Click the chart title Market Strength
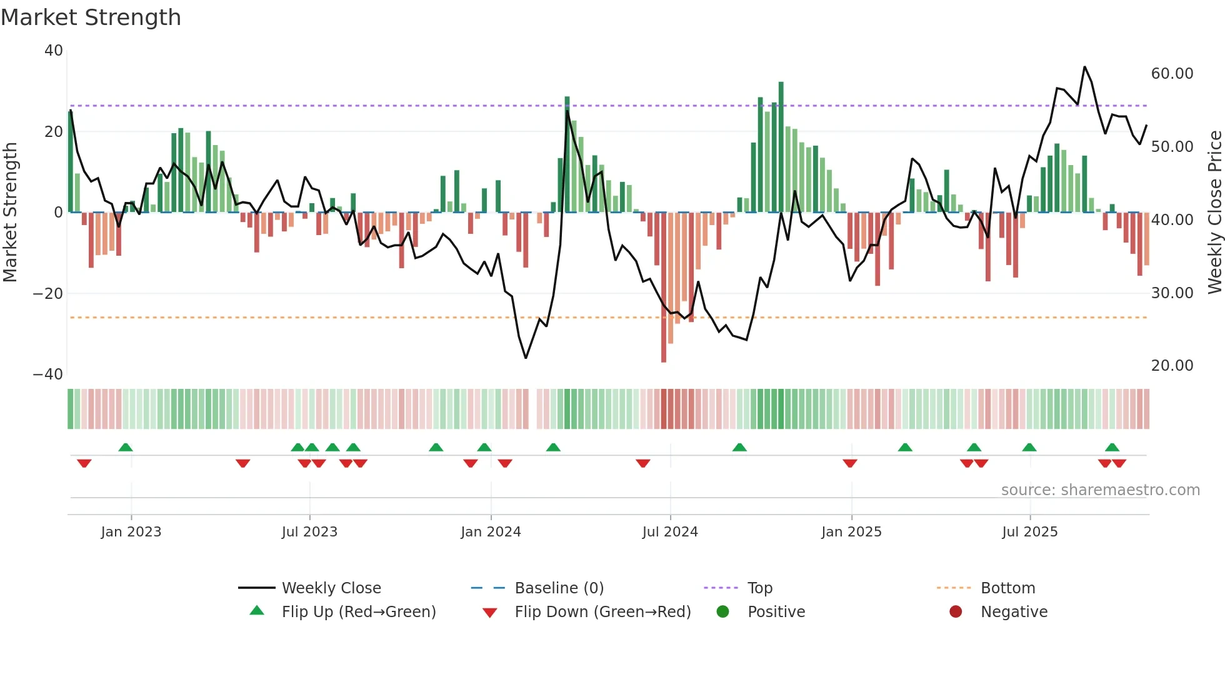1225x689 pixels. [x=91, y=18]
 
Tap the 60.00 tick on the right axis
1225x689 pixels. [x=1172, y=74]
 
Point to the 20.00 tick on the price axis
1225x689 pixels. [x=1172, y=366]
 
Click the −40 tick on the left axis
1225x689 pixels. [x=47, y=375]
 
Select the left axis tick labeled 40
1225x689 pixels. [x=54, y=51]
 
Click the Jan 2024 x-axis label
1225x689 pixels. [x=491, y=532]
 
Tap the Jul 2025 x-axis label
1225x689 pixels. [x=1029, y=532]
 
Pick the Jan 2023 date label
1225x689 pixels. [x=131, y=532]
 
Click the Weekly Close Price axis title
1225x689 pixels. [x=1214, y=213]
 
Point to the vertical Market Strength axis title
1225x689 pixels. [x=11, y=213]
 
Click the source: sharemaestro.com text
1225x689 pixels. [x=1100, y=490]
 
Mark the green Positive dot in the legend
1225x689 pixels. [x=723, y=612]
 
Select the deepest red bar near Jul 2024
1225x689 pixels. [x=664, y=288]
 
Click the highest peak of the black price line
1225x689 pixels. [x=1084, y=68]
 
